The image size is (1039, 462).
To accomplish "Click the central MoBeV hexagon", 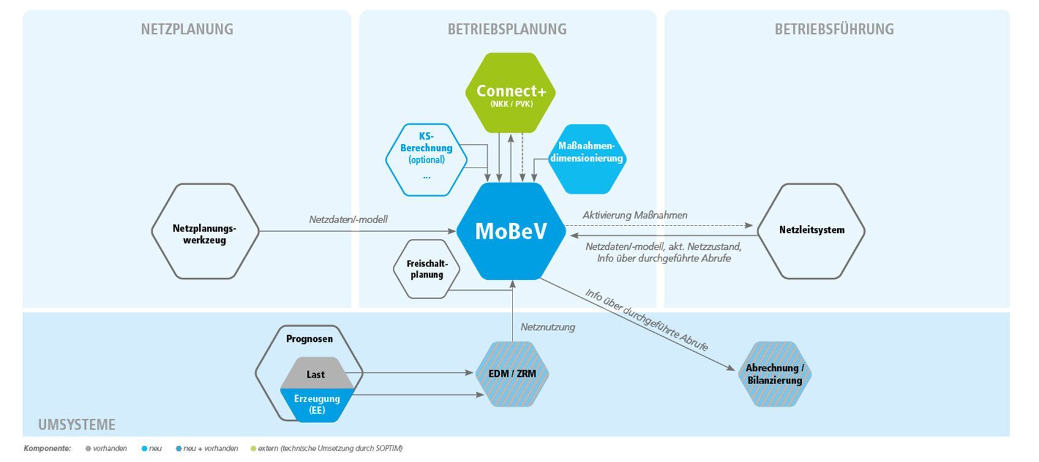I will [511, 231].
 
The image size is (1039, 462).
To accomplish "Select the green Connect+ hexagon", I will [511, 93].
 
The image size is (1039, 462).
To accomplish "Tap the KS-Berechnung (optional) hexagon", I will [426, 159].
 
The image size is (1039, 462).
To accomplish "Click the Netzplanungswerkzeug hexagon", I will [205, 232].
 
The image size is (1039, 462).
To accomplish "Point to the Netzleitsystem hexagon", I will [811, 230].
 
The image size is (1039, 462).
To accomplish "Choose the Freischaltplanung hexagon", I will [427, 269].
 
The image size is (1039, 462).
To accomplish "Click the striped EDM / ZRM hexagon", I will [512, 374].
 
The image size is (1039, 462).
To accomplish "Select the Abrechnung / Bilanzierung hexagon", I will [775, 374].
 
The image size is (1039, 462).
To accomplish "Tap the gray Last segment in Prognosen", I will [315, 373].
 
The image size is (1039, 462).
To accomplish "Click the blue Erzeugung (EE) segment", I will [317, 404].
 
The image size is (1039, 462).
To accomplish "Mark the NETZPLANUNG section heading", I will [187, 29].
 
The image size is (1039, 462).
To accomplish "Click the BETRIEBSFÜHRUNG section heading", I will [834, 29].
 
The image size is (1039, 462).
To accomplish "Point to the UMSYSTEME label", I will [77, 424].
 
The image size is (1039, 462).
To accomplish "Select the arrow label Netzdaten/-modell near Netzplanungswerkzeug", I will [348, 219].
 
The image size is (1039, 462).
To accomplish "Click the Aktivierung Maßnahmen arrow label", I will [635, 215].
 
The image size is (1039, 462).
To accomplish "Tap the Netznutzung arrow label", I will [547, 327].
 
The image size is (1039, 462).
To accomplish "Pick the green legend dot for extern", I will [253, 449].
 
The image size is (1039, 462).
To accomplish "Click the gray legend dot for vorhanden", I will [88, 449].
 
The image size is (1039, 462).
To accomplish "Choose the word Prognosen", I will [309, 339].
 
